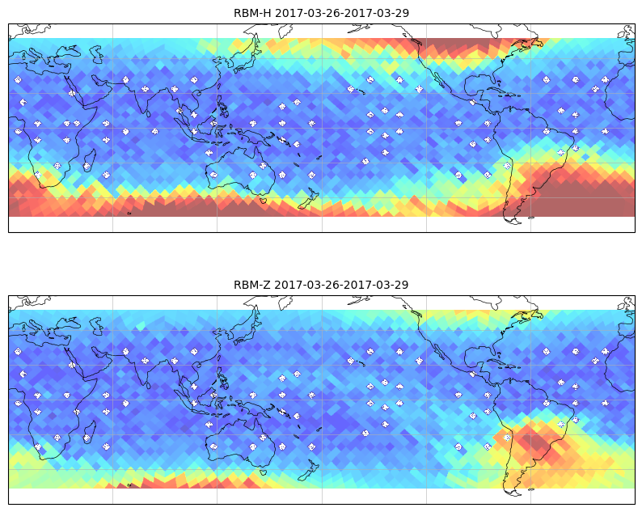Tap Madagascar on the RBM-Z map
90,431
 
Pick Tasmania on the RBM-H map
263,201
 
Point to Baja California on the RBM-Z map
439,352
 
